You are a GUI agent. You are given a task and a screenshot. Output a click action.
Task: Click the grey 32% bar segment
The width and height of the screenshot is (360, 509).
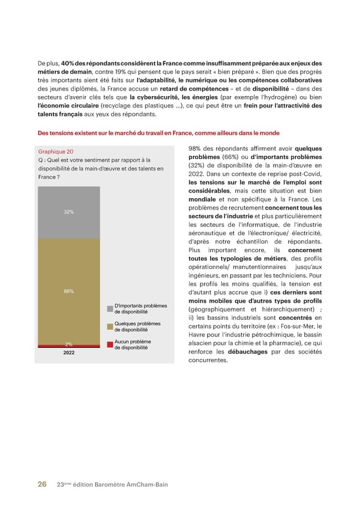[x=69, y=212]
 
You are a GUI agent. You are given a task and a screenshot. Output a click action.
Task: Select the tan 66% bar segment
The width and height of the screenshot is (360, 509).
[x=69, y=292]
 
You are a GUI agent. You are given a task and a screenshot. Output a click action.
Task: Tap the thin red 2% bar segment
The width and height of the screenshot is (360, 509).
[x=69, y=346]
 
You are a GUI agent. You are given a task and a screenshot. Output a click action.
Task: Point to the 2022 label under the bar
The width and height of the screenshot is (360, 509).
[x=69, y=354]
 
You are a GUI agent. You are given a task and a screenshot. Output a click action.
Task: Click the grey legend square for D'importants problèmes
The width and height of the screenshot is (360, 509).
[x=110, y=309]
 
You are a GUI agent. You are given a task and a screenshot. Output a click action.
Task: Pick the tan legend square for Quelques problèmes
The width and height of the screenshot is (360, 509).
[x=110, y=327]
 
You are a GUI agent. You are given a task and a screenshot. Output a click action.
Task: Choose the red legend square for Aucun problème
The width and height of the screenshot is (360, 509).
[x=110, y=345]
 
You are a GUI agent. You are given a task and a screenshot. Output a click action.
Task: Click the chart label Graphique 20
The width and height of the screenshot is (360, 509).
[x=55, y=152]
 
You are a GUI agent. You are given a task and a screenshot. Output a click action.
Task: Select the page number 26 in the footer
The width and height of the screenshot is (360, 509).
[x=43, y=484]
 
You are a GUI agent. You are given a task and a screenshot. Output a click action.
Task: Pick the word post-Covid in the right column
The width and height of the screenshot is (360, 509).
[x=308, y=174]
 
